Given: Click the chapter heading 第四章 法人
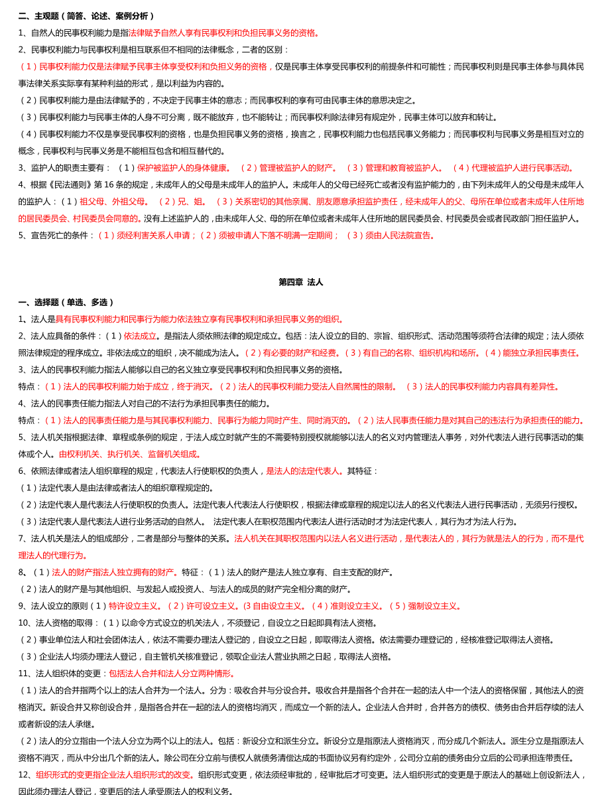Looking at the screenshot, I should [x=300, y=282].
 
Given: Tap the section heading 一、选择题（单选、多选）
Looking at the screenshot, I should [x=66, y=303].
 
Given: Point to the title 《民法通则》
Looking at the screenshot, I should [x=85, y=184].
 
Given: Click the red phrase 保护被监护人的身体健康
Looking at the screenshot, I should [x=184, y=168].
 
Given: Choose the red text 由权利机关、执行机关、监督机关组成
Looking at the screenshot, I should [x=130, y=455].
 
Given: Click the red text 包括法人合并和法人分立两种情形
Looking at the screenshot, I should [x=173, y=674].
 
